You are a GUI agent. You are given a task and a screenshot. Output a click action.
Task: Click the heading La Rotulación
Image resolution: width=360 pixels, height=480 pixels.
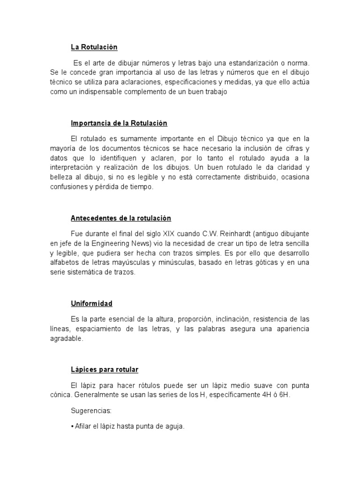94,47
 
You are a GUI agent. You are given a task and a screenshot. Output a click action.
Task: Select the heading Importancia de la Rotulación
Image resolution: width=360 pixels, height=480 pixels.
119,123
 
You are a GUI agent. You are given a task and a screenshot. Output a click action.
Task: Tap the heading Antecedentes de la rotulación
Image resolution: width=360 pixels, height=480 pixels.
120,218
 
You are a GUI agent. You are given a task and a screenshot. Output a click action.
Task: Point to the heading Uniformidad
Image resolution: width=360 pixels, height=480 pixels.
91,304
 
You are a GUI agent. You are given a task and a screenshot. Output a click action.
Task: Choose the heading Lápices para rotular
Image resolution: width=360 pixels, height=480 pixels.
105,370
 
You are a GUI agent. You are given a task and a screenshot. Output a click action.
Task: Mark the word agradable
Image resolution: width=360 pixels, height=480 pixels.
66,338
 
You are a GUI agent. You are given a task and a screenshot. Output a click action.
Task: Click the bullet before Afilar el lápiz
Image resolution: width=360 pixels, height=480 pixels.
72,427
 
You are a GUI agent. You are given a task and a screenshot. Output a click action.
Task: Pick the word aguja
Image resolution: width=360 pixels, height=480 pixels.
174,427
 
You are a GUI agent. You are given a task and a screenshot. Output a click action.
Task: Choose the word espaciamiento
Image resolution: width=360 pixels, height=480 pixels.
97,329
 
